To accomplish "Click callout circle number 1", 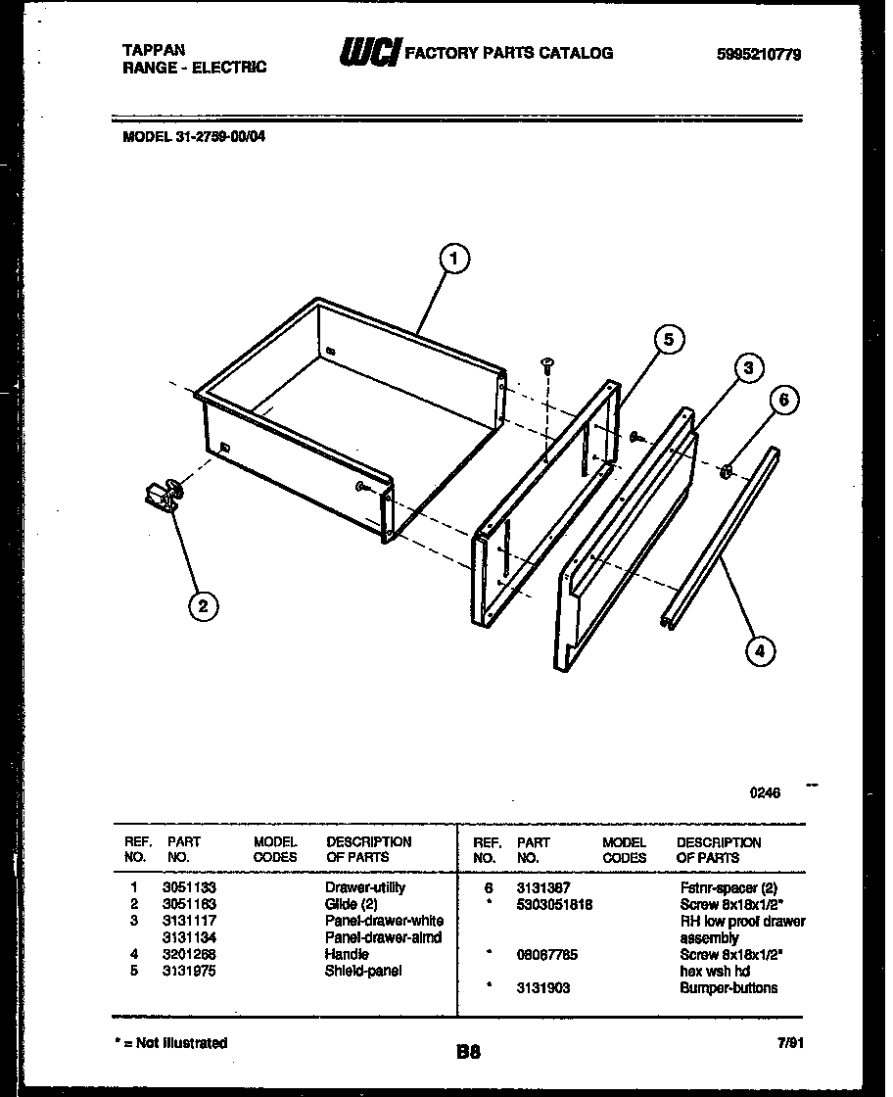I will click(451, 259).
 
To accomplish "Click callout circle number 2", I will click(202, 606).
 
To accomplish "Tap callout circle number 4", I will click(758, 650).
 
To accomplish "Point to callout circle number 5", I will click(668, 340).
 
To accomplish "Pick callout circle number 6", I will click(782, 399).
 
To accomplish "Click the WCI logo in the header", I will click(369, 53).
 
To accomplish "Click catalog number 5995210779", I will click(758, 55).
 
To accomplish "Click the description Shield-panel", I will click(362, 971).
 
